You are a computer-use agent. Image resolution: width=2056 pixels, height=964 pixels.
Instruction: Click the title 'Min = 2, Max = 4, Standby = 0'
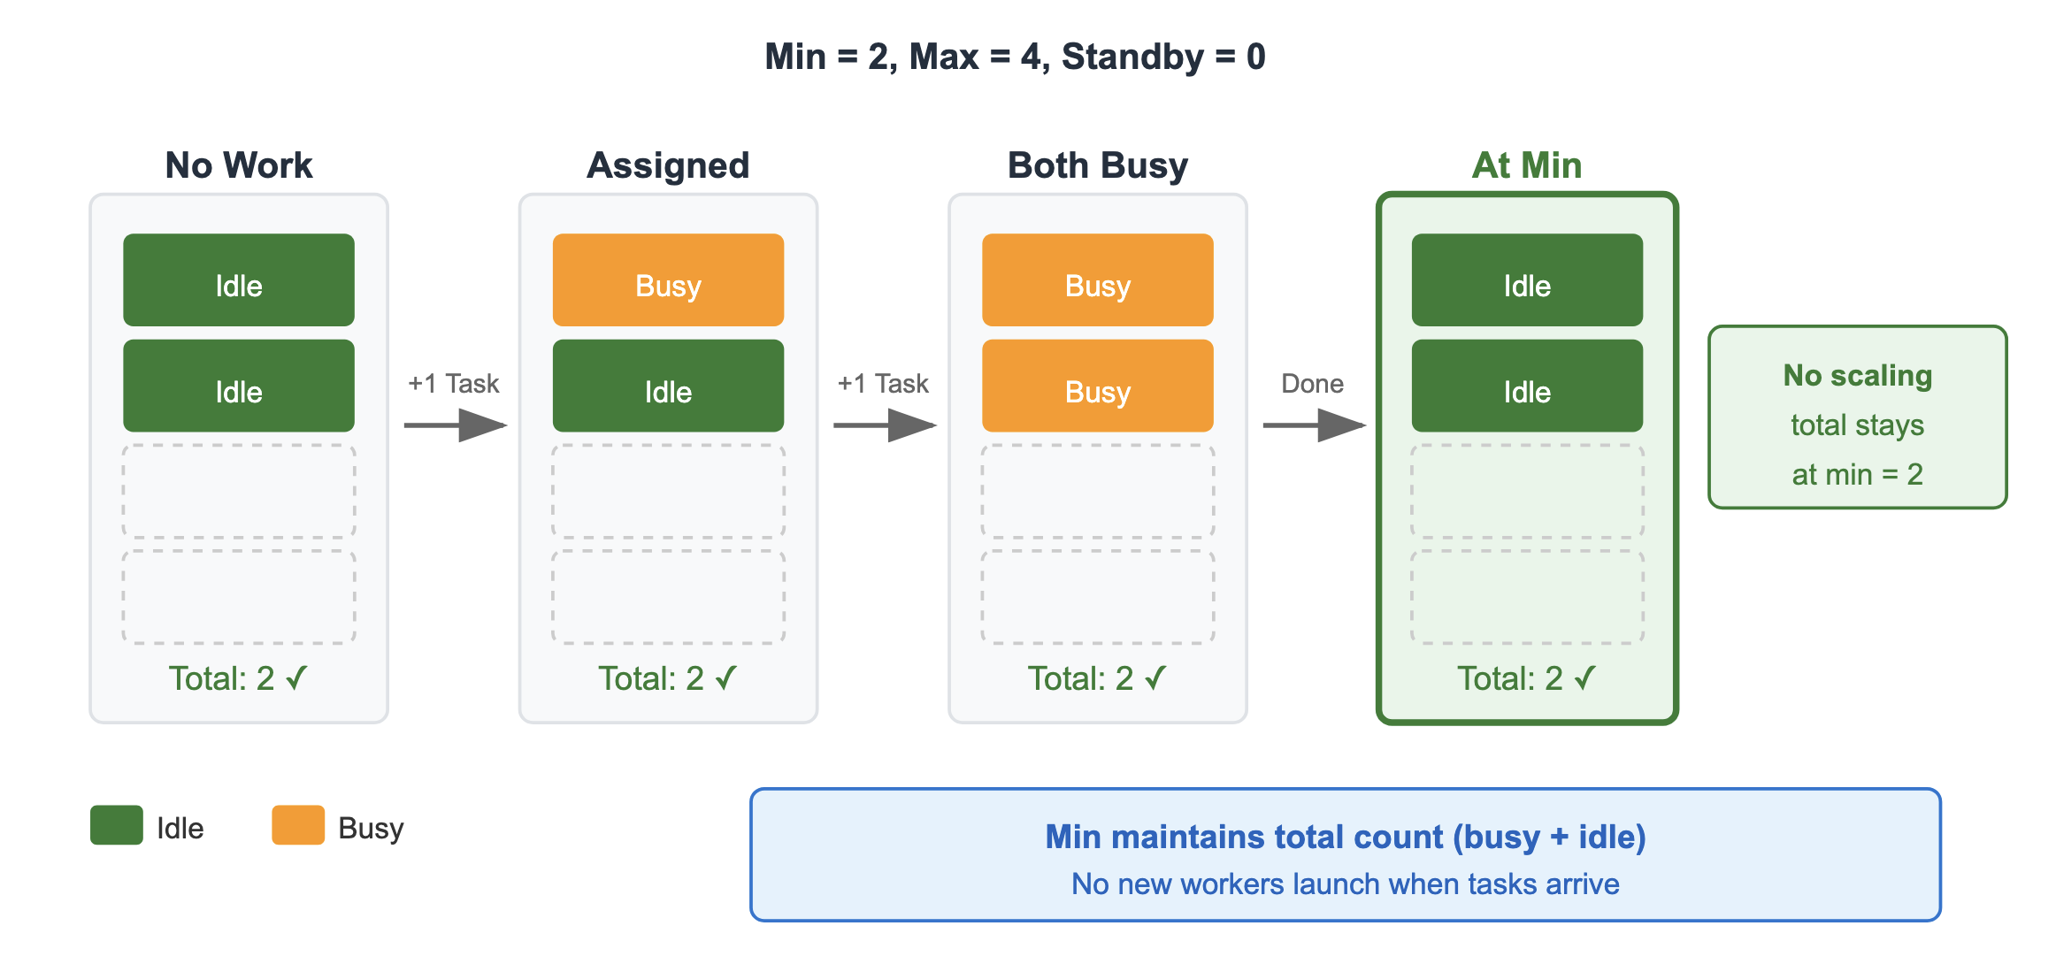point(1015,57)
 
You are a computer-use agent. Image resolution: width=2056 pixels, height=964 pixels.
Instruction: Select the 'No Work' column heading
point(239,165)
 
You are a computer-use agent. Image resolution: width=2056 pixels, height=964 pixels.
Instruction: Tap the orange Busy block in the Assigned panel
point(668,280)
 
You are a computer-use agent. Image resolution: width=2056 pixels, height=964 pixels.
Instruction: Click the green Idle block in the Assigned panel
point(668,386)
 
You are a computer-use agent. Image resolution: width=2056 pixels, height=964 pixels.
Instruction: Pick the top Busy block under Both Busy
point(1097,280)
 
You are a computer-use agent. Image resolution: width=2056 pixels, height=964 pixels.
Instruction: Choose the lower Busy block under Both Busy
point(1097,386)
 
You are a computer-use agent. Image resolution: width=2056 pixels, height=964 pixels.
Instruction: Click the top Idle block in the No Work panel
point(239,280)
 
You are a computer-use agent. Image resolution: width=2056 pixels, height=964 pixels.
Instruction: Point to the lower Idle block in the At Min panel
point(1527,386)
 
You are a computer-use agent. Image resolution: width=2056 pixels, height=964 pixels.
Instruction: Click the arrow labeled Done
point(1314,425)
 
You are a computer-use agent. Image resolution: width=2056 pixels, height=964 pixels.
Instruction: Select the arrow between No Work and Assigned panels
point(455,425)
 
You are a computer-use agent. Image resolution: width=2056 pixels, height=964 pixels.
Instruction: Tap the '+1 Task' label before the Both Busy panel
point(883,384)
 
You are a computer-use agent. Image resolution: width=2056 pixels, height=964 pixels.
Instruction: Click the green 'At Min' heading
point(1527,165)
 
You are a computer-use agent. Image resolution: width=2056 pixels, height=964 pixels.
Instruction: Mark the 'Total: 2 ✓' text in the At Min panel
point(1527,678)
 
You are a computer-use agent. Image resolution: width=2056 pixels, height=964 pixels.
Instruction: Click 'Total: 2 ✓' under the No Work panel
point(239,678)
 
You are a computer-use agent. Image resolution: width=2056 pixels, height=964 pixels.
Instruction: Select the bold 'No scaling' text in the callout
point(1857,376)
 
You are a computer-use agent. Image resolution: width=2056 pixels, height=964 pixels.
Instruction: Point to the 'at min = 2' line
point(1857,475)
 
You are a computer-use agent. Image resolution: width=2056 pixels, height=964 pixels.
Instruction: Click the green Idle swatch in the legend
point(117,825)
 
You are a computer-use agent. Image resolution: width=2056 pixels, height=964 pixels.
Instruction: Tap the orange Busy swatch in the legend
point(298,825)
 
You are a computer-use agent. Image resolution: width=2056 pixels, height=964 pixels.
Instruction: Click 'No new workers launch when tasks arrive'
point(1345,884)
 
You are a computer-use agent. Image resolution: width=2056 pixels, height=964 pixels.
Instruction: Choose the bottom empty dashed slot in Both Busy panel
point(1097,597)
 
